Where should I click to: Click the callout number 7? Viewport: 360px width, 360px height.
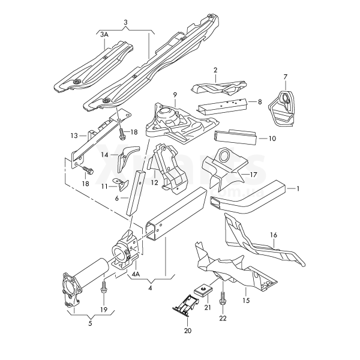286,76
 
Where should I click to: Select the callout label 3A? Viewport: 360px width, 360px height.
104,35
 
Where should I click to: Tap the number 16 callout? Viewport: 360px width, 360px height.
274,235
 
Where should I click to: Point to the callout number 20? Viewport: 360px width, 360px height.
187,331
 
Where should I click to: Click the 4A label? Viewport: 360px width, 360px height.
136,274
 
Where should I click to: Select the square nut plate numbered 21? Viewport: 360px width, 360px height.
204,289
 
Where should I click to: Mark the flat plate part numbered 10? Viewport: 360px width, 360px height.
236,139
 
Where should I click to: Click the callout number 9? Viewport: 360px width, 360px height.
175,95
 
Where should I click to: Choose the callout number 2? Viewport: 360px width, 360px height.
215,70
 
